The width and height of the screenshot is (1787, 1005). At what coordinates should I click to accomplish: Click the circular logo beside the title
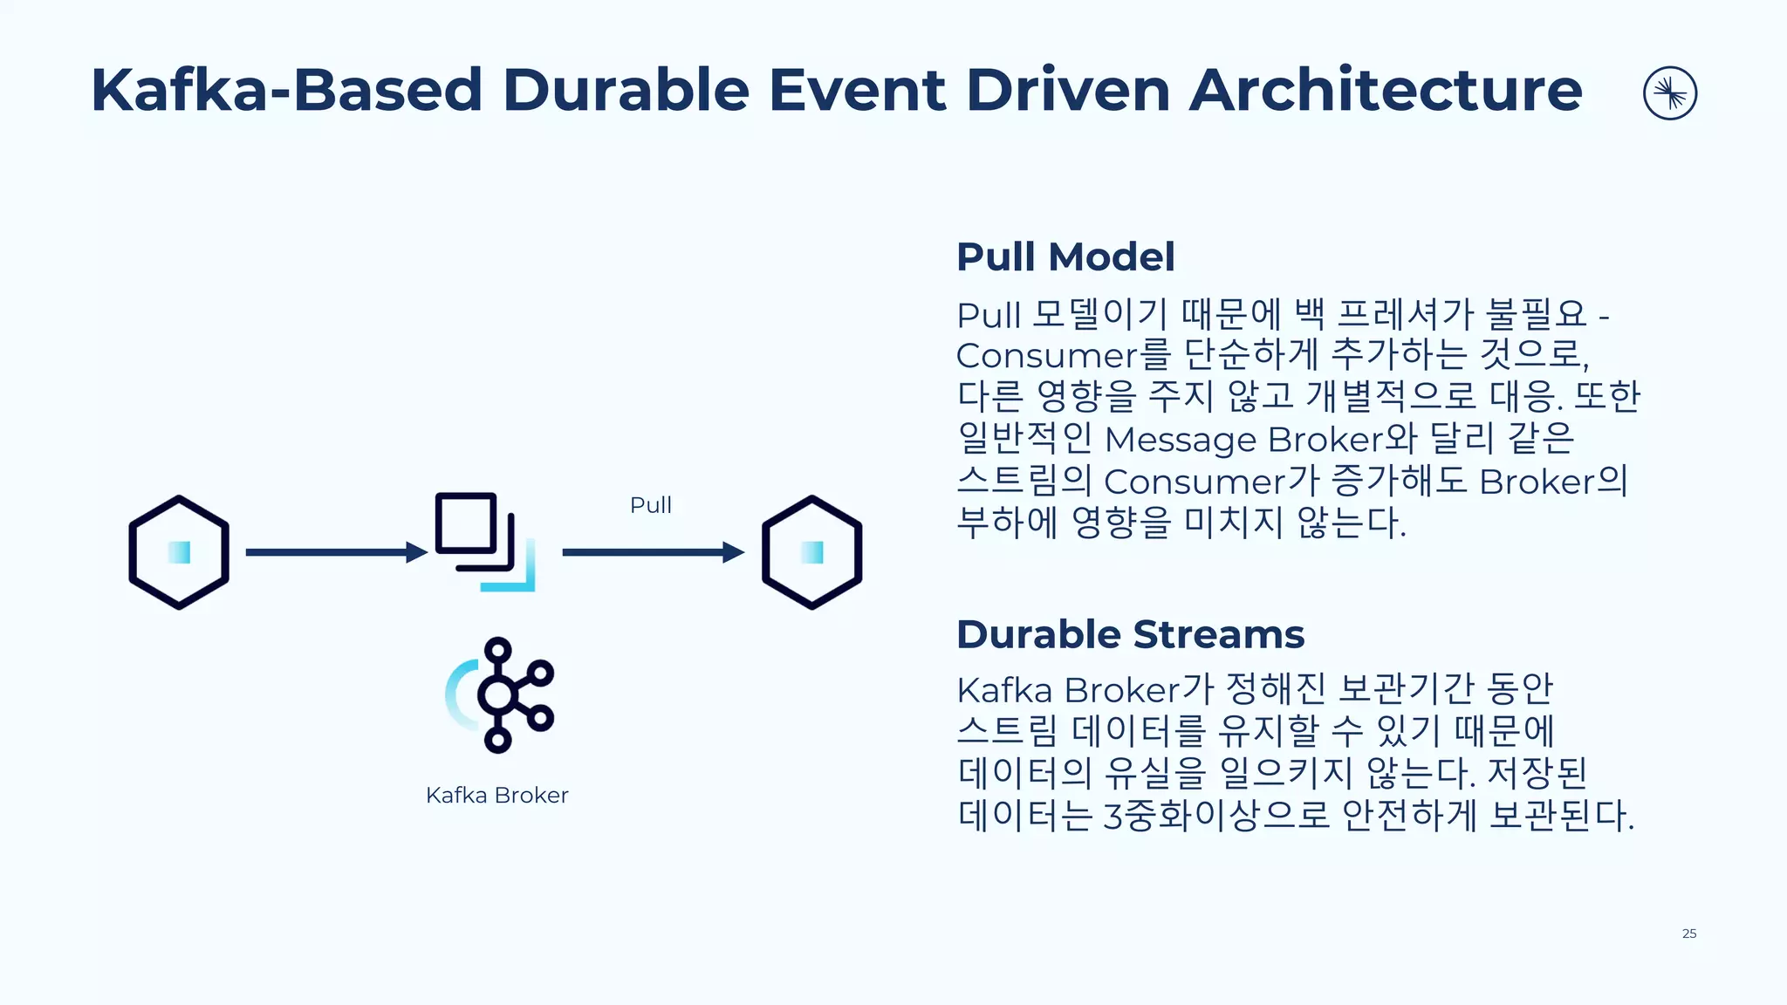click(1669, 93)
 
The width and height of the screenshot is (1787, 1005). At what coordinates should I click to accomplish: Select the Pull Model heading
click(1065, 256)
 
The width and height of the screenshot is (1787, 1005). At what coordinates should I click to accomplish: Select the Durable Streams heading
click(1130, 634)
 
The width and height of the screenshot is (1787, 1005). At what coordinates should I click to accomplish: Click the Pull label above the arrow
click(650, 505)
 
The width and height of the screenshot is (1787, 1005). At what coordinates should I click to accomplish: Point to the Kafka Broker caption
click(496, 795)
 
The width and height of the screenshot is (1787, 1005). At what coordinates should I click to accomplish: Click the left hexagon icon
click(179, 552)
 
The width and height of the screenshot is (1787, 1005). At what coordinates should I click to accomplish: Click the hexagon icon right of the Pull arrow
click(811, 552)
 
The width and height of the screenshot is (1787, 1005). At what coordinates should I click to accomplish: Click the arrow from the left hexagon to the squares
click(336, 552)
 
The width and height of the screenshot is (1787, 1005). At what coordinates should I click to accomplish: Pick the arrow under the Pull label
click(653, 552)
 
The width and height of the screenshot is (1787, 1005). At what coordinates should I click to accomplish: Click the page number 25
click(1688, 933)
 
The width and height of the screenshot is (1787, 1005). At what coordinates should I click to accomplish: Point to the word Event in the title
click(857, 90)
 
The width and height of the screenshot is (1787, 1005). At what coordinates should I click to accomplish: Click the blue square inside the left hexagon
click(180, 552)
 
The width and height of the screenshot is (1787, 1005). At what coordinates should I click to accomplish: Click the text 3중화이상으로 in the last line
click(1216, 816)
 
